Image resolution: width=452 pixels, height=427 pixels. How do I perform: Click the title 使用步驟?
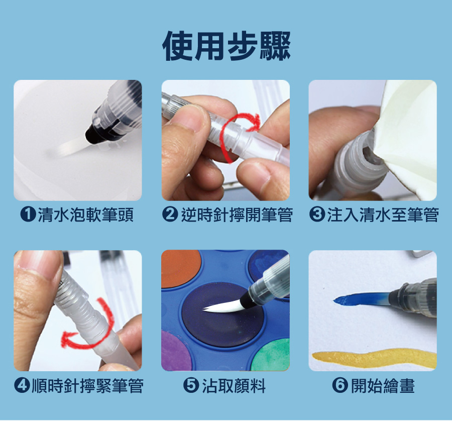[227, 46]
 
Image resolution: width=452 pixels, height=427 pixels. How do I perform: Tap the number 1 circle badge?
[28, 215]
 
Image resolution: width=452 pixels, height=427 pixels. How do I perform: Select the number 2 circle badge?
[170, 215]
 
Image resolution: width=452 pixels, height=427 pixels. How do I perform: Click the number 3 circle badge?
[317, 215]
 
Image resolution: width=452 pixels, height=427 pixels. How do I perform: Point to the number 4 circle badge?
[22, 385]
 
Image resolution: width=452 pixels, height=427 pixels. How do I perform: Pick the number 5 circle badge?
[191, 385]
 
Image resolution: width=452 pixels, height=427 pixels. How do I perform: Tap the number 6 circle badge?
[340, 385]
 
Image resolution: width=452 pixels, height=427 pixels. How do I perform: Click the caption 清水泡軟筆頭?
[85, 215]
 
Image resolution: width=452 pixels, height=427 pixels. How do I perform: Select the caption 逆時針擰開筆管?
[237, 215]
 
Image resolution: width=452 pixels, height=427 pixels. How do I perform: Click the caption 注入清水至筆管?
[383, 215]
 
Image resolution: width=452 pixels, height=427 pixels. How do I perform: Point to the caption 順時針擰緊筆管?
[87, 386]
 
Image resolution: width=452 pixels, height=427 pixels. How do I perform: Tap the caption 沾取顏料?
[234, 386]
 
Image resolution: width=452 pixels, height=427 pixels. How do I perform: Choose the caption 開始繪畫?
[383, 386]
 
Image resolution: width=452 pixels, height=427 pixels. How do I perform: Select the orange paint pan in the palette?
[180, 268]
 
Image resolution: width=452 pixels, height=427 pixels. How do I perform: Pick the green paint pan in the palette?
[271, 355]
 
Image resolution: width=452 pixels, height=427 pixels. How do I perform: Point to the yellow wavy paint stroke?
[374, 358]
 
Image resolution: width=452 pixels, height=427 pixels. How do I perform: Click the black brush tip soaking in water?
[95, 134]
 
